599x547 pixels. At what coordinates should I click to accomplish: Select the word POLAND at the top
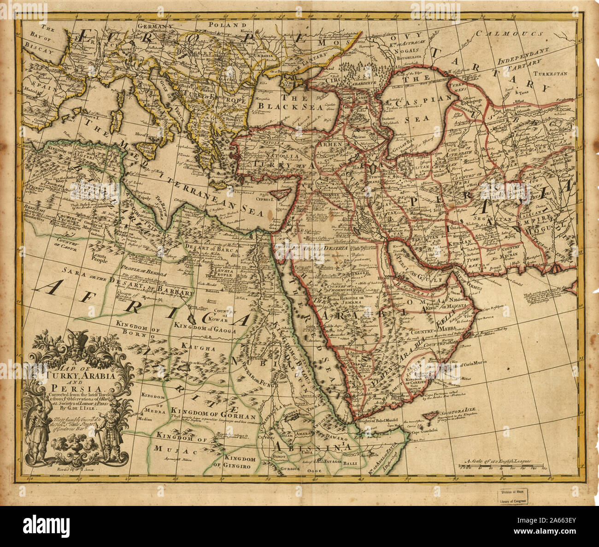(x=226, y=25)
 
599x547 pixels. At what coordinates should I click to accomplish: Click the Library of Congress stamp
(x=512, y=497)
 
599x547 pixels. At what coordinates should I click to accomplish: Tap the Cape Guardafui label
(x=420, y=432)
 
